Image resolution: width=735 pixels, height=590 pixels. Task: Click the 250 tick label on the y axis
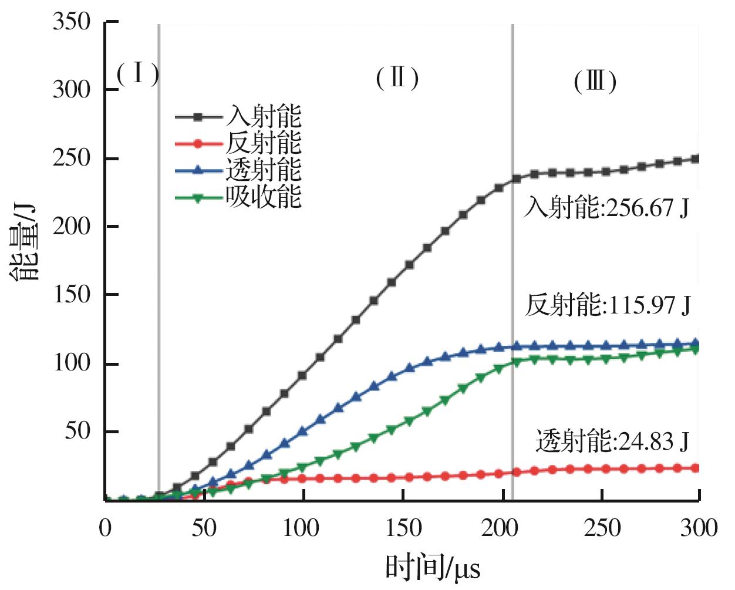click(x=72, y=159)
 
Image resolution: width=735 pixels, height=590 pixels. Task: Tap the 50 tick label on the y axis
click(x=77, y=431)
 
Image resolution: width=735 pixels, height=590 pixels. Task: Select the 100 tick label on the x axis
click(x=303, y=528)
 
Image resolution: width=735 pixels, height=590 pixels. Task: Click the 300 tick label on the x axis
click(x=699, y=528)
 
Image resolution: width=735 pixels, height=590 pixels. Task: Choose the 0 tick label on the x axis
click(x=105, y=528)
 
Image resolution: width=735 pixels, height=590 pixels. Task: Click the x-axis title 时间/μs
click(x=433, y=568)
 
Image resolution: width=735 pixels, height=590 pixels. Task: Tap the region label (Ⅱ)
click(x=397, y=77)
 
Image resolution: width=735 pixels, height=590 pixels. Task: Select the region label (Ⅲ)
click(x=595, y=82)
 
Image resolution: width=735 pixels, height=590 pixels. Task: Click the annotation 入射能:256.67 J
click(x=606, y=208)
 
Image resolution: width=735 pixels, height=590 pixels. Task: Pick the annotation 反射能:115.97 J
click(x=608, y=305)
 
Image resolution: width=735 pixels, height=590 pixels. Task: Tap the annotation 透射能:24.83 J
click(x=612, y=441)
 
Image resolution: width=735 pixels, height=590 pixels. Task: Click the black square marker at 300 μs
click(x=696, y=159)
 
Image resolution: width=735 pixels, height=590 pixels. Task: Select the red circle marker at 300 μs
click(x=696, y=468)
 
